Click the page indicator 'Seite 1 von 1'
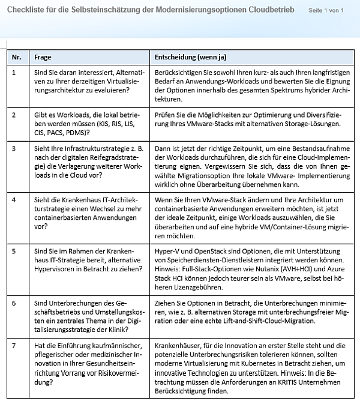(x=325, y=11)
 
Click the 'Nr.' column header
(x=17, y=57)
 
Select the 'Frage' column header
(x=43, y=57)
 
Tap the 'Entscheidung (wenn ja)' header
(x=190, y=57)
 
